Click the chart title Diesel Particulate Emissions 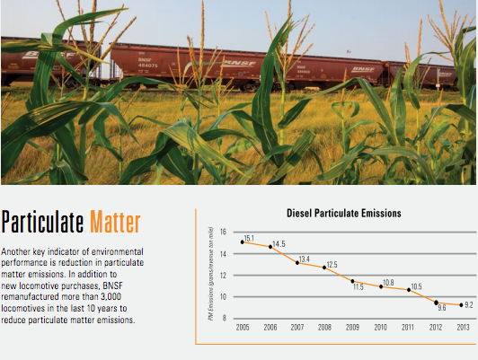point(344,213)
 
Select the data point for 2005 point(243,242)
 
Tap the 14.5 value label point(279,244)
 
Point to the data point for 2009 point(352,281)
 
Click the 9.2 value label point(469,305)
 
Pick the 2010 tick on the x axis point(380,328)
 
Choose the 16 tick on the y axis point(223,232)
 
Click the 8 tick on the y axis point(225,318)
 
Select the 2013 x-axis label point(463,328)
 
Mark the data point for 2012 point(436,303)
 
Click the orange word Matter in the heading point(115,222)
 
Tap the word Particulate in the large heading point(42,222)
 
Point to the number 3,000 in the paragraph point(111,296)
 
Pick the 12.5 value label point(332,264)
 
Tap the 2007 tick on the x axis point(297,328)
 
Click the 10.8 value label point(388,283)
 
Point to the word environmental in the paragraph point(118,251)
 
